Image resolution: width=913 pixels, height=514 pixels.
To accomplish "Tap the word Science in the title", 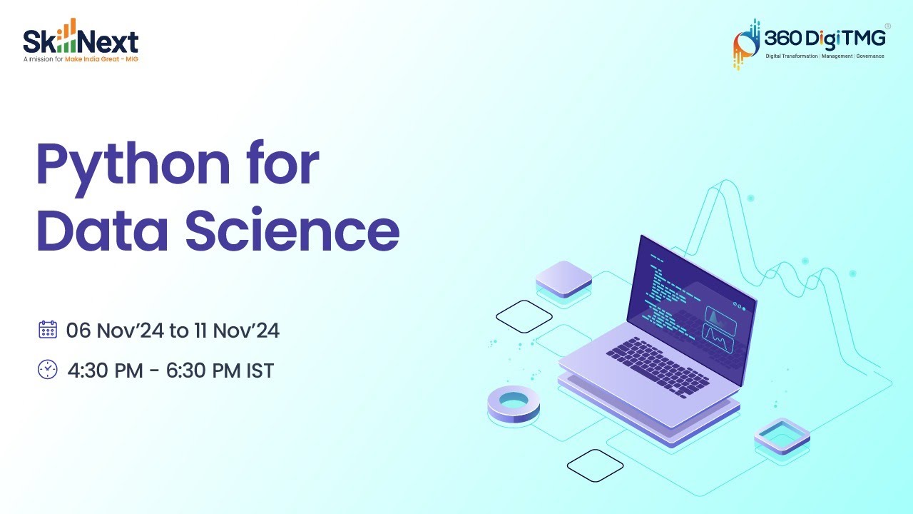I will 292,230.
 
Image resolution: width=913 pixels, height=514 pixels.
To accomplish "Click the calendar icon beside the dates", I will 47,330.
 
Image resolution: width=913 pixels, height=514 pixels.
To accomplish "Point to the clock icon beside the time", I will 47,370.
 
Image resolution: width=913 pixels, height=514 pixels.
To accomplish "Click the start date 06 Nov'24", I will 114,331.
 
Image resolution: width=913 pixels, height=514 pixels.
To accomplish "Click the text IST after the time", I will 258,371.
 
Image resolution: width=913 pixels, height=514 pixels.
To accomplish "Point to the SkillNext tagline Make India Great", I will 101,59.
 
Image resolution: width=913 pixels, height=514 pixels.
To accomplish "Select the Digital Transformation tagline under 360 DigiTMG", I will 825,56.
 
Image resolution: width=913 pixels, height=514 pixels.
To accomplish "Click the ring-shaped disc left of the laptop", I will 514,403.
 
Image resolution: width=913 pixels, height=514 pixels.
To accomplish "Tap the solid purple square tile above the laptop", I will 563,278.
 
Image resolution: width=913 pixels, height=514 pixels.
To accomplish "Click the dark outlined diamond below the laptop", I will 595,465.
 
